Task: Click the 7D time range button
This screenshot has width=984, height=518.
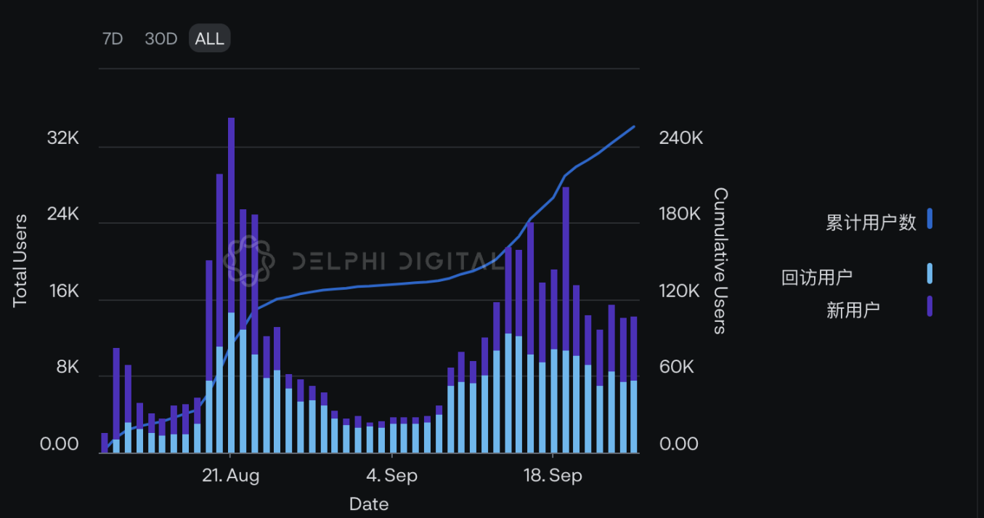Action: point(113,39)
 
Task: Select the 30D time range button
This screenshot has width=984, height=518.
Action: point(160,39)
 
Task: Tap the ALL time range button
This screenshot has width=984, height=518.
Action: point(209,39)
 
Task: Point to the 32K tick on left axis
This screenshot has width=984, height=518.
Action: point(62,138)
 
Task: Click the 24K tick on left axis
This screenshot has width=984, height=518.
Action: point(62,214)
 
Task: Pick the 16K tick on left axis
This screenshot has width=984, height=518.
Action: point(62,291)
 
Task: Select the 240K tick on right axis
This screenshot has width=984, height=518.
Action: point(680,138)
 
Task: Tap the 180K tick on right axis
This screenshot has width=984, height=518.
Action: point(680,214)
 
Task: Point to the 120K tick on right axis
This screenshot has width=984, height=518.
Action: point(680,291)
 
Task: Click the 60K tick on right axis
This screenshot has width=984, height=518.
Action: point(676,367)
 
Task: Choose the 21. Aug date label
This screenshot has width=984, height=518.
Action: point(230,476)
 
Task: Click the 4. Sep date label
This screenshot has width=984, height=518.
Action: point(391,476)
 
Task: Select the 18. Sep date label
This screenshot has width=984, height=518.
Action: point(553,476)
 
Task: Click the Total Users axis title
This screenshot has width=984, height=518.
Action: point(20,260)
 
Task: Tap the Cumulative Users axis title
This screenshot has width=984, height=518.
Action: point(720,260)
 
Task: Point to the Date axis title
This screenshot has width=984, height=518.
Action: point(369,503)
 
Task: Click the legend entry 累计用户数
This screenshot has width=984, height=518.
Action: point(871,222)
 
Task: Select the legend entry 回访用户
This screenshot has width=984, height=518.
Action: point(817,277)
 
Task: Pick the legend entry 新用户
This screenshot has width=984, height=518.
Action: point(853,310)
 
